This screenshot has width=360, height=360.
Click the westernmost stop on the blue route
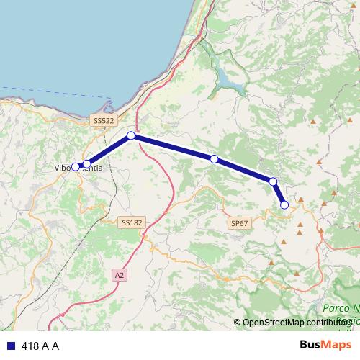(x=75, y=167)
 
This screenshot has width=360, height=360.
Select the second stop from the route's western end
(x=87, y=164)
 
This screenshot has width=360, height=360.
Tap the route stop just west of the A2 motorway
(x=131, y=135)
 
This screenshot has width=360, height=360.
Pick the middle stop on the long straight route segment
(x=214, y=158)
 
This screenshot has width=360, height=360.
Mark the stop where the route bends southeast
(x=273, y=181)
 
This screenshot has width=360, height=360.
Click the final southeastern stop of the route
(x=284, y=205)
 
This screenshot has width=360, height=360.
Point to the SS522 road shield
(x=104, y=121)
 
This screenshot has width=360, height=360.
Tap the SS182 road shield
(x=132, y=223)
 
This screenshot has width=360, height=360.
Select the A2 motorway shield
(x=119, y=275)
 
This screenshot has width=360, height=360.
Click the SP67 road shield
(x=240, y=224)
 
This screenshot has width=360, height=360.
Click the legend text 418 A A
(x=40, y=346)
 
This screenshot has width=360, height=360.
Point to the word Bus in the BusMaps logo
(x=310, y=345)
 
